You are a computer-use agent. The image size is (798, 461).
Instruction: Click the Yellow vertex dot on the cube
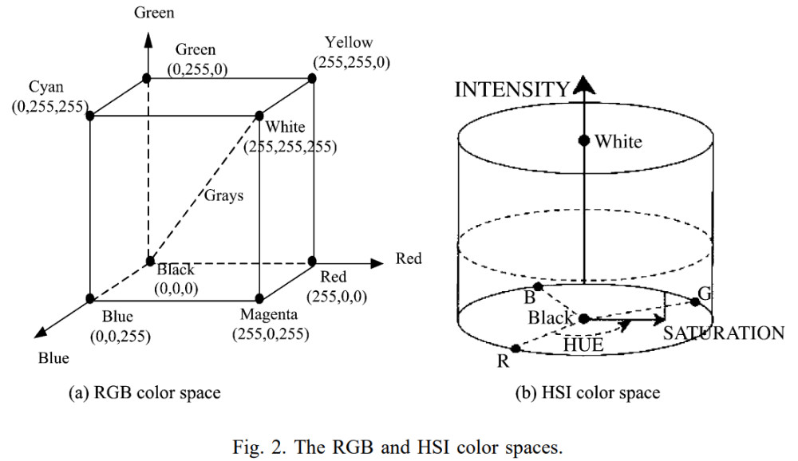(312, 78)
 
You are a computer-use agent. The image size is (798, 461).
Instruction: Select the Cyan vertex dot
(90, 116)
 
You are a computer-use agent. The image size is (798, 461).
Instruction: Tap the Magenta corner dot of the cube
(259, 298)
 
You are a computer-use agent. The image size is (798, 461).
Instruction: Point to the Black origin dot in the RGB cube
(150, 261)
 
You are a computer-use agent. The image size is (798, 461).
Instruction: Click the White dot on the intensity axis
(584, 140)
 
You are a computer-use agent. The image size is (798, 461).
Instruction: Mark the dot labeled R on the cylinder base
(516, 349)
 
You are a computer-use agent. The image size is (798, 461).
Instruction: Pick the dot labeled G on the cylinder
(695, 301)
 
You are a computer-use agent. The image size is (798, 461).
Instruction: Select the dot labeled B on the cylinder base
(538, 287)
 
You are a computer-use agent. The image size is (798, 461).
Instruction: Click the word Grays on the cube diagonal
(224, 196)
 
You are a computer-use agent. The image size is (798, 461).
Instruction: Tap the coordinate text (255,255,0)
(352, 62)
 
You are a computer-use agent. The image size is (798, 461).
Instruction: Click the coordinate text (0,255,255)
(49, 106)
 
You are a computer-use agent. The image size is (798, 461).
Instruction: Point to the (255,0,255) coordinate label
(271, 334)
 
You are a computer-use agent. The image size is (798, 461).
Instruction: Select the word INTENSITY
(512, 89)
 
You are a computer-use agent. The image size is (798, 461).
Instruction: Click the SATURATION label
(724, 333)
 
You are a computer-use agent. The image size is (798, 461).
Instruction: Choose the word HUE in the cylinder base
(583, 345)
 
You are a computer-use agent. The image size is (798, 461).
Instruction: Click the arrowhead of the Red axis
(377, 263)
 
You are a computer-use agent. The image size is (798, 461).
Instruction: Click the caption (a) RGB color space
(144, 393)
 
